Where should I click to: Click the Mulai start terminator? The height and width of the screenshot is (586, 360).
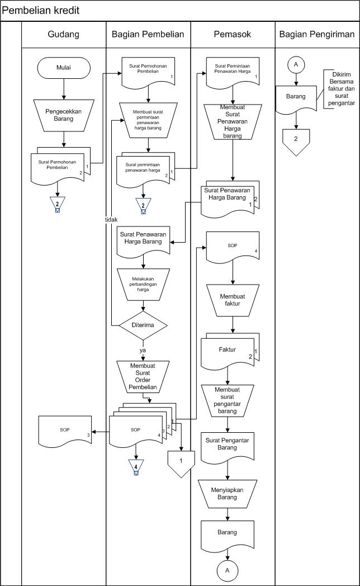point(64,68)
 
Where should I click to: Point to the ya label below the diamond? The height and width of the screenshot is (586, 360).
point(143,349)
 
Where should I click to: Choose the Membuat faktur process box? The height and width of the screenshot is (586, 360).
point(233,300)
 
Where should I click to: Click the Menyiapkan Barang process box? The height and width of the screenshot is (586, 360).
point(228,493)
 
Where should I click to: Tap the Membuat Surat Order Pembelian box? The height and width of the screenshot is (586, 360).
point(144,376)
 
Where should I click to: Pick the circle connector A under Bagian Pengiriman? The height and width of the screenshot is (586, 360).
point(296,65)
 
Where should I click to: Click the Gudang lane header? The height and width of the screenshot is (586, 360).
point(64,34)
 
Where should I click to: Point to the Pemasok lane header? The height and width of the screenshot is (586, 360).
point(233,34)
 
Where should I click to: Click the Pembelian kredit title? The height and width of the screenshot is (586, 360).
point(40,11)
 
